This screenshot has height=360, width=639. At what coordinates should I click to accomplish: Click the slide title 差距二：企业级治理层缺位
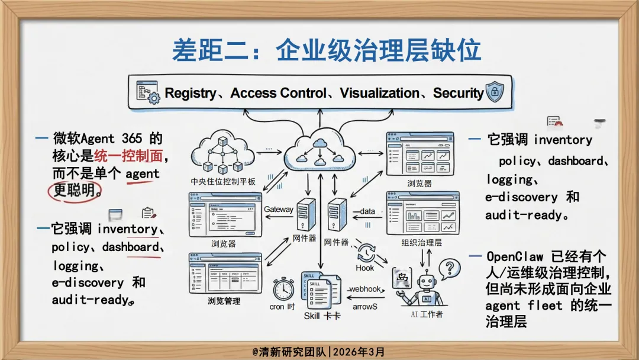coord(326,50)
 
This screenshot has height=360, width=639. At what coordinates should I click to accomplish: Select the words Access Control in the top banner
coord(278,93)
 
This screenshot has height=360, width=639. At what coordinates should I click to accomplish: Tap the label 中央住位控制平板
coord(223,181)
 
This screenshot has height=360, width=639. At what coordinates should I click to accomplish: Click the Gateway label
coord(279,209)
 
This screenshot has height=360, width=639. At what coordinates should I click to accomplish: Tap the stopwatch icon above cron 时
coord(283,288)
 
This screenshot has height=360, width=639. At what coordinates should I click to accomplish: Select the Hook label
coord(365,268)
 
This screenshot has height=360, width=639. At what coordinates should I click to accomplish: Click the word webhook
coord(365,289)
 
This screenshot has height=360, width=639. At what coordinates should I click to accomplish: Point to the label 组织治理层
coord(422,243)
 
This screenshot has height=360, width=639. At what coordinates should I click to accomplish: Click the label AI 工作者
coord(426,314)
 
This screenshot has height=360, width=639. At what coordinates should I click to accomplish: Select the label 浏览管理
coord(224,301)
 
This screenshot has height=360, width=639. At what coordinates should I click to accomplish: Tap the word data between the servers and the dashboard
coord(367,211)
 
